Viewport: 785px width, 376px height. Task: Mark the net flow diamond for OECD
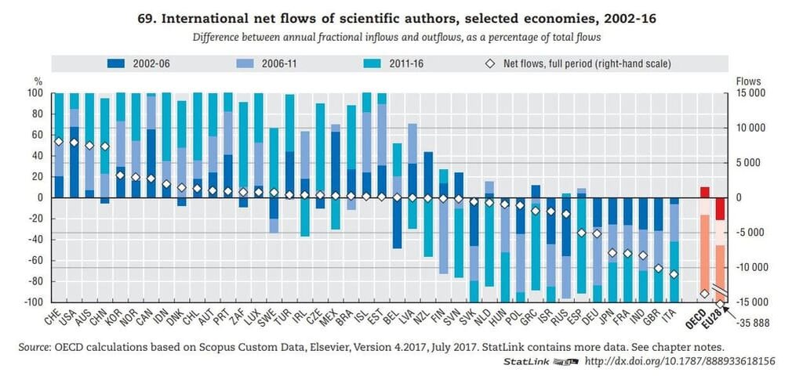tap(704, 294)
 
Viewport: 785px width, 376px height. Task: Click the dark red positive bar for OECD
tap(704, 192)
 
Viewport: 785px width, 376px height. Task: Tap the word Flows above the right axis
tap(749, 81)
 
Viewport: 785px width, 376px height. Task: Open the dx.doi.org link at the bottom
tap(679, 361)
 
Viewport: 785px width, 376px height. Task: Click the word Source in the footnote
tap(35, 345)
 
